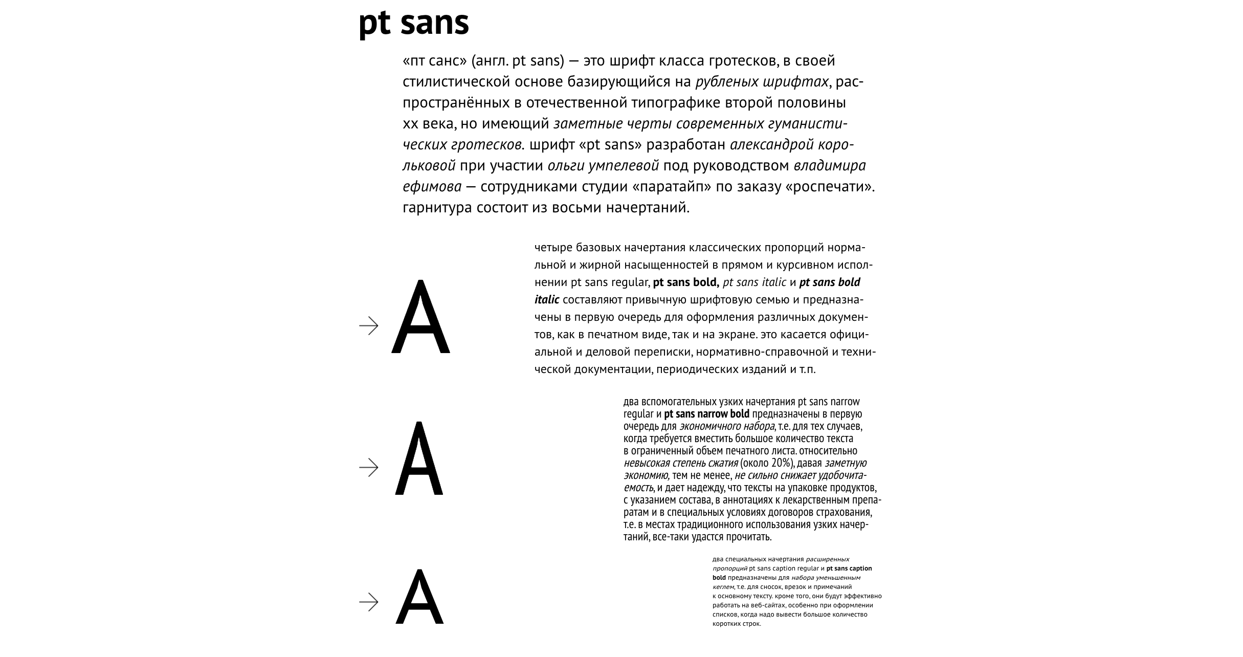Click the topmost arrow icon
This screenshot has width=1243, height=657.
(369, 326)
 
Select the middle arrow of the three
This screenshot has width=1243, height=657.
(369, 468)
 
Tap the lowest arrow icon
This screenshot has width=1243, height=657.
(369, 602)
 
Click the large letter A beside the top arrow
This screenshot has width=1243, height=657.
(420, 318)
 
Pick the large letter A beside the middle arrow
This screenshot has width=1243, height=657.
(419, 459)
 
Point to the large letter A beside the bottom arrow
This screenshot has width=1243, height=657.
(419, 597)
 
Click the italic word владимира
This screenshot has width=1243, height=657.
(830, 166)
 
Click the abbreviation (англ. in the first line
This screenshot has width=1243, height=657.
(489, 61)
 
